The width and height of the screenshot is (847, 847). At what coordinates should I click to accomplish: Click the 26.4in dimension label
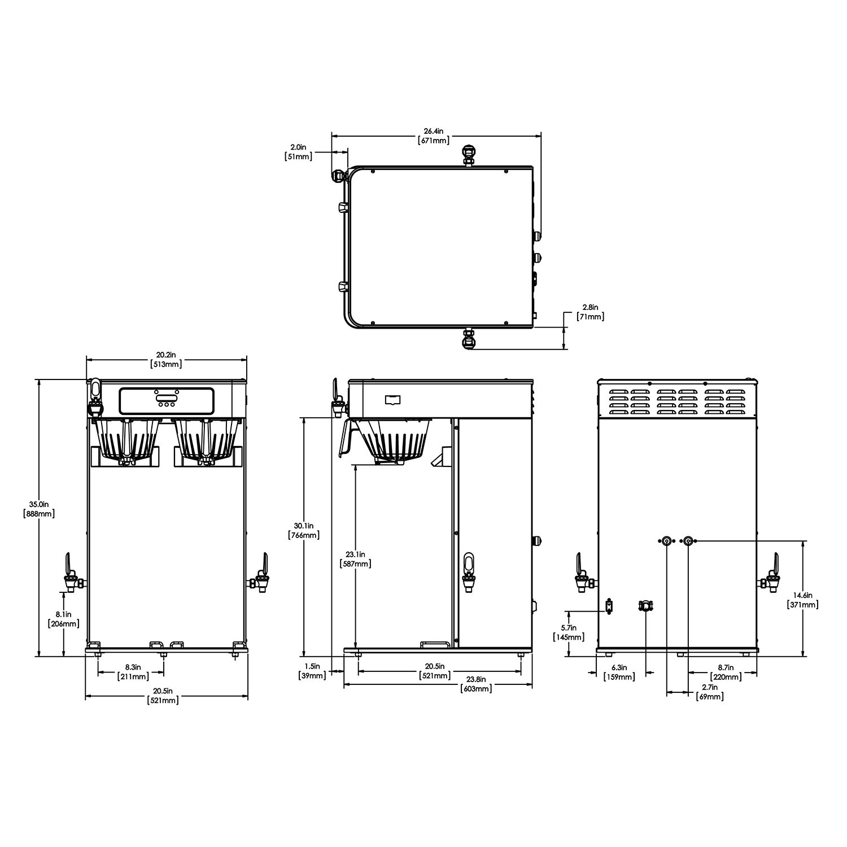434,136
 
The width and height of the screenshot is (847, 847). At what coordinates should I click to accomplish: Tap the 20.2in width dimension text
166,360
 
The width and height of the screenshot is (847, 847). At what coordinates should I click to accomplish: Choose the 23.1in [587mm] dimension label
356,559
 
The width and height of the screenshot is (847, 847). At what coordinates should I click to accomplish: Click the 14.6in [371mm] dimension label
802,600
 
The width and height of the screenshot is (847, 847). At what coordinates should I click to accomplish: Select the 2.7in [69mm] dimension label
710,692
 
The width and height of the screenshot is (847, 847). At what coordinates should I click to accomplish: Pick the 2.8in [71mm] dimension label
591,312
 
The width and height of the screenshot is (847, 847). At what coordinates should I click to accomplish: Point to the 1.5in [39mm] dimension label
312,671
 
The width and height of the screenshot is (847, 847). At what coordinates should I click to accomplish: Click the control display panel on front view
167,400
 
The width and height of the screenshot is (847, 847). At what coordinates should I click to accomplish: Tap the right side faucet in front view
260,579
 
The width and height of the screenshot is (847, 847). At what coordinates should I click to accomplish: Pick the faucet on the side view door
468,573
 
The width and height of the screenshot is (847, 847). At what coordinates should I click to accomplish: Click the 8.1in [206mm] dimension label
64,619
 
